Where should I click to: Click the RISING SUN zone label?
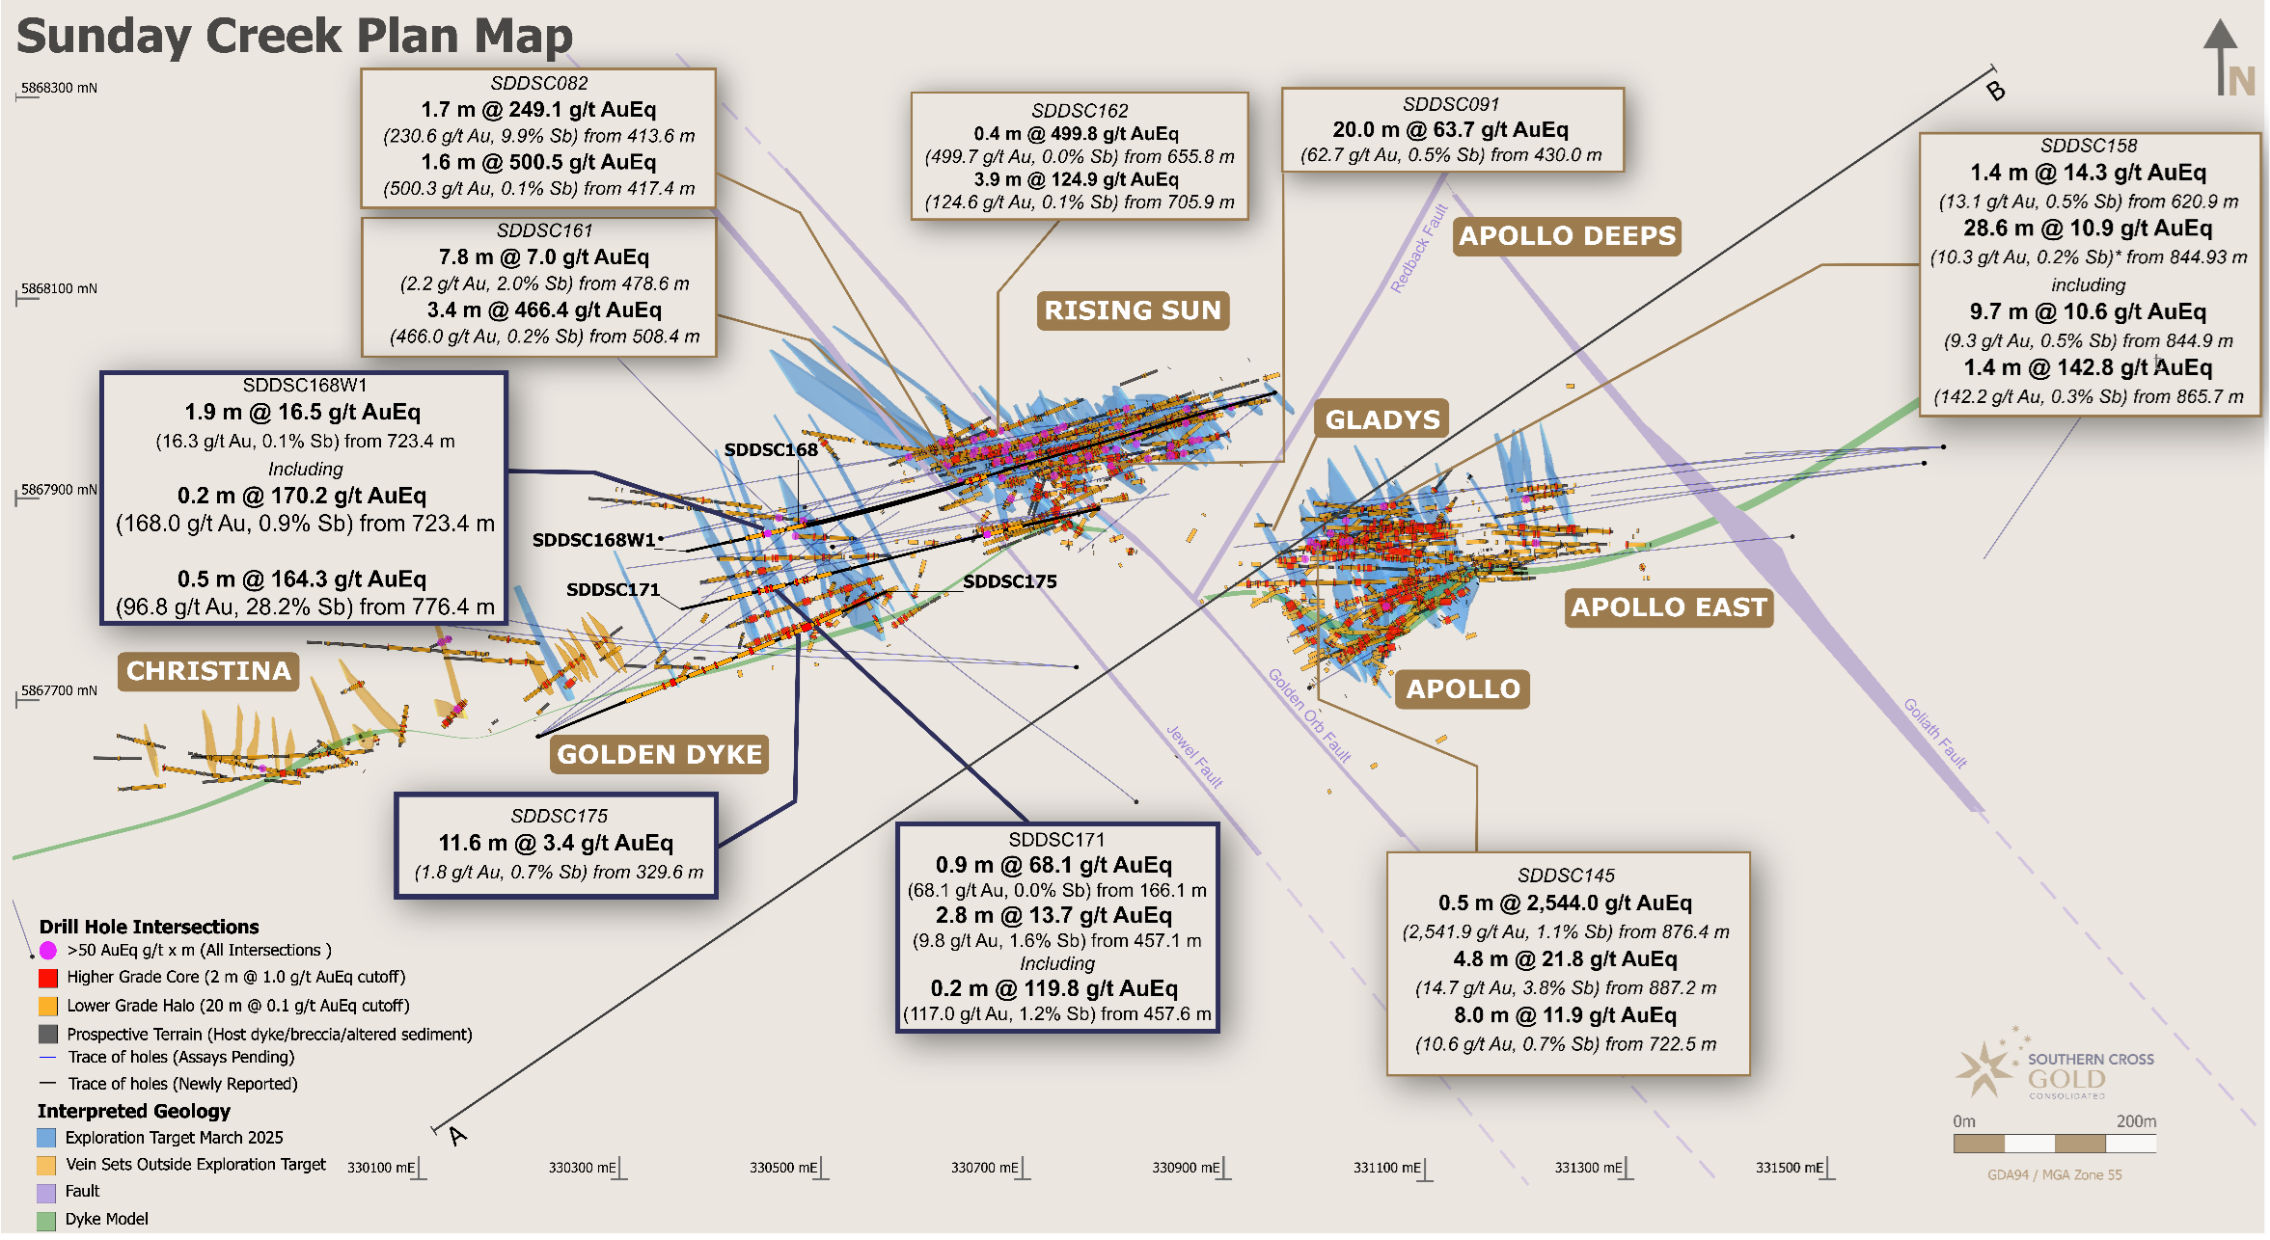[1133, 310]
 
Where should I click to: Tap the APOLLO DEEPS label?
[1567, 236]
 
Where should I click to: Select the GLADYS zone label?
[1381, 419]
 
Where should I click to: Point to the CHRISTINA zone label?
[208, 671]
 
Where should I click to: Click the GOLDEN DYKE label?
[660, 754]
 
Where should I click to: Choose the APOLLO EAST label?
[1669, 607]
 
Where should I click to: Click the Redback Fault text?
[1419, 248]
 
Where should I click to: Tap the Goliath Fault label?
[1934, 733]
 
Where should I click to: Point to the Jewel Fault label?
[1194, 756]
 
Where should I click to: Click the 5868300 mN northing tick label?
[59, 88]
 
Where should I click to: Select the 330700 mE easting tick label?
[984, 1168]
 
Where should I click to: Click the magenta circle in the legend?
[47, 951]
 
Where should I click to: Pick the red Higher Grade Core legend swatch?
[47, 978]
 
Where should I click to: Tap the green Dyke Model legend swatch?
[46, 1220]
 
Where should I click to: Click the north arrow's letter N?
[2241, 81]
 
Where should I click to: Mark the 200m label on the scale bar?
[2136, 1121]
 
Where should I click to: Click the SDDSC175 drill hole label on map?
[1009, 581]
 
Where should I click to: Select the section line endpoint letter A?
[457, 1136]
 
